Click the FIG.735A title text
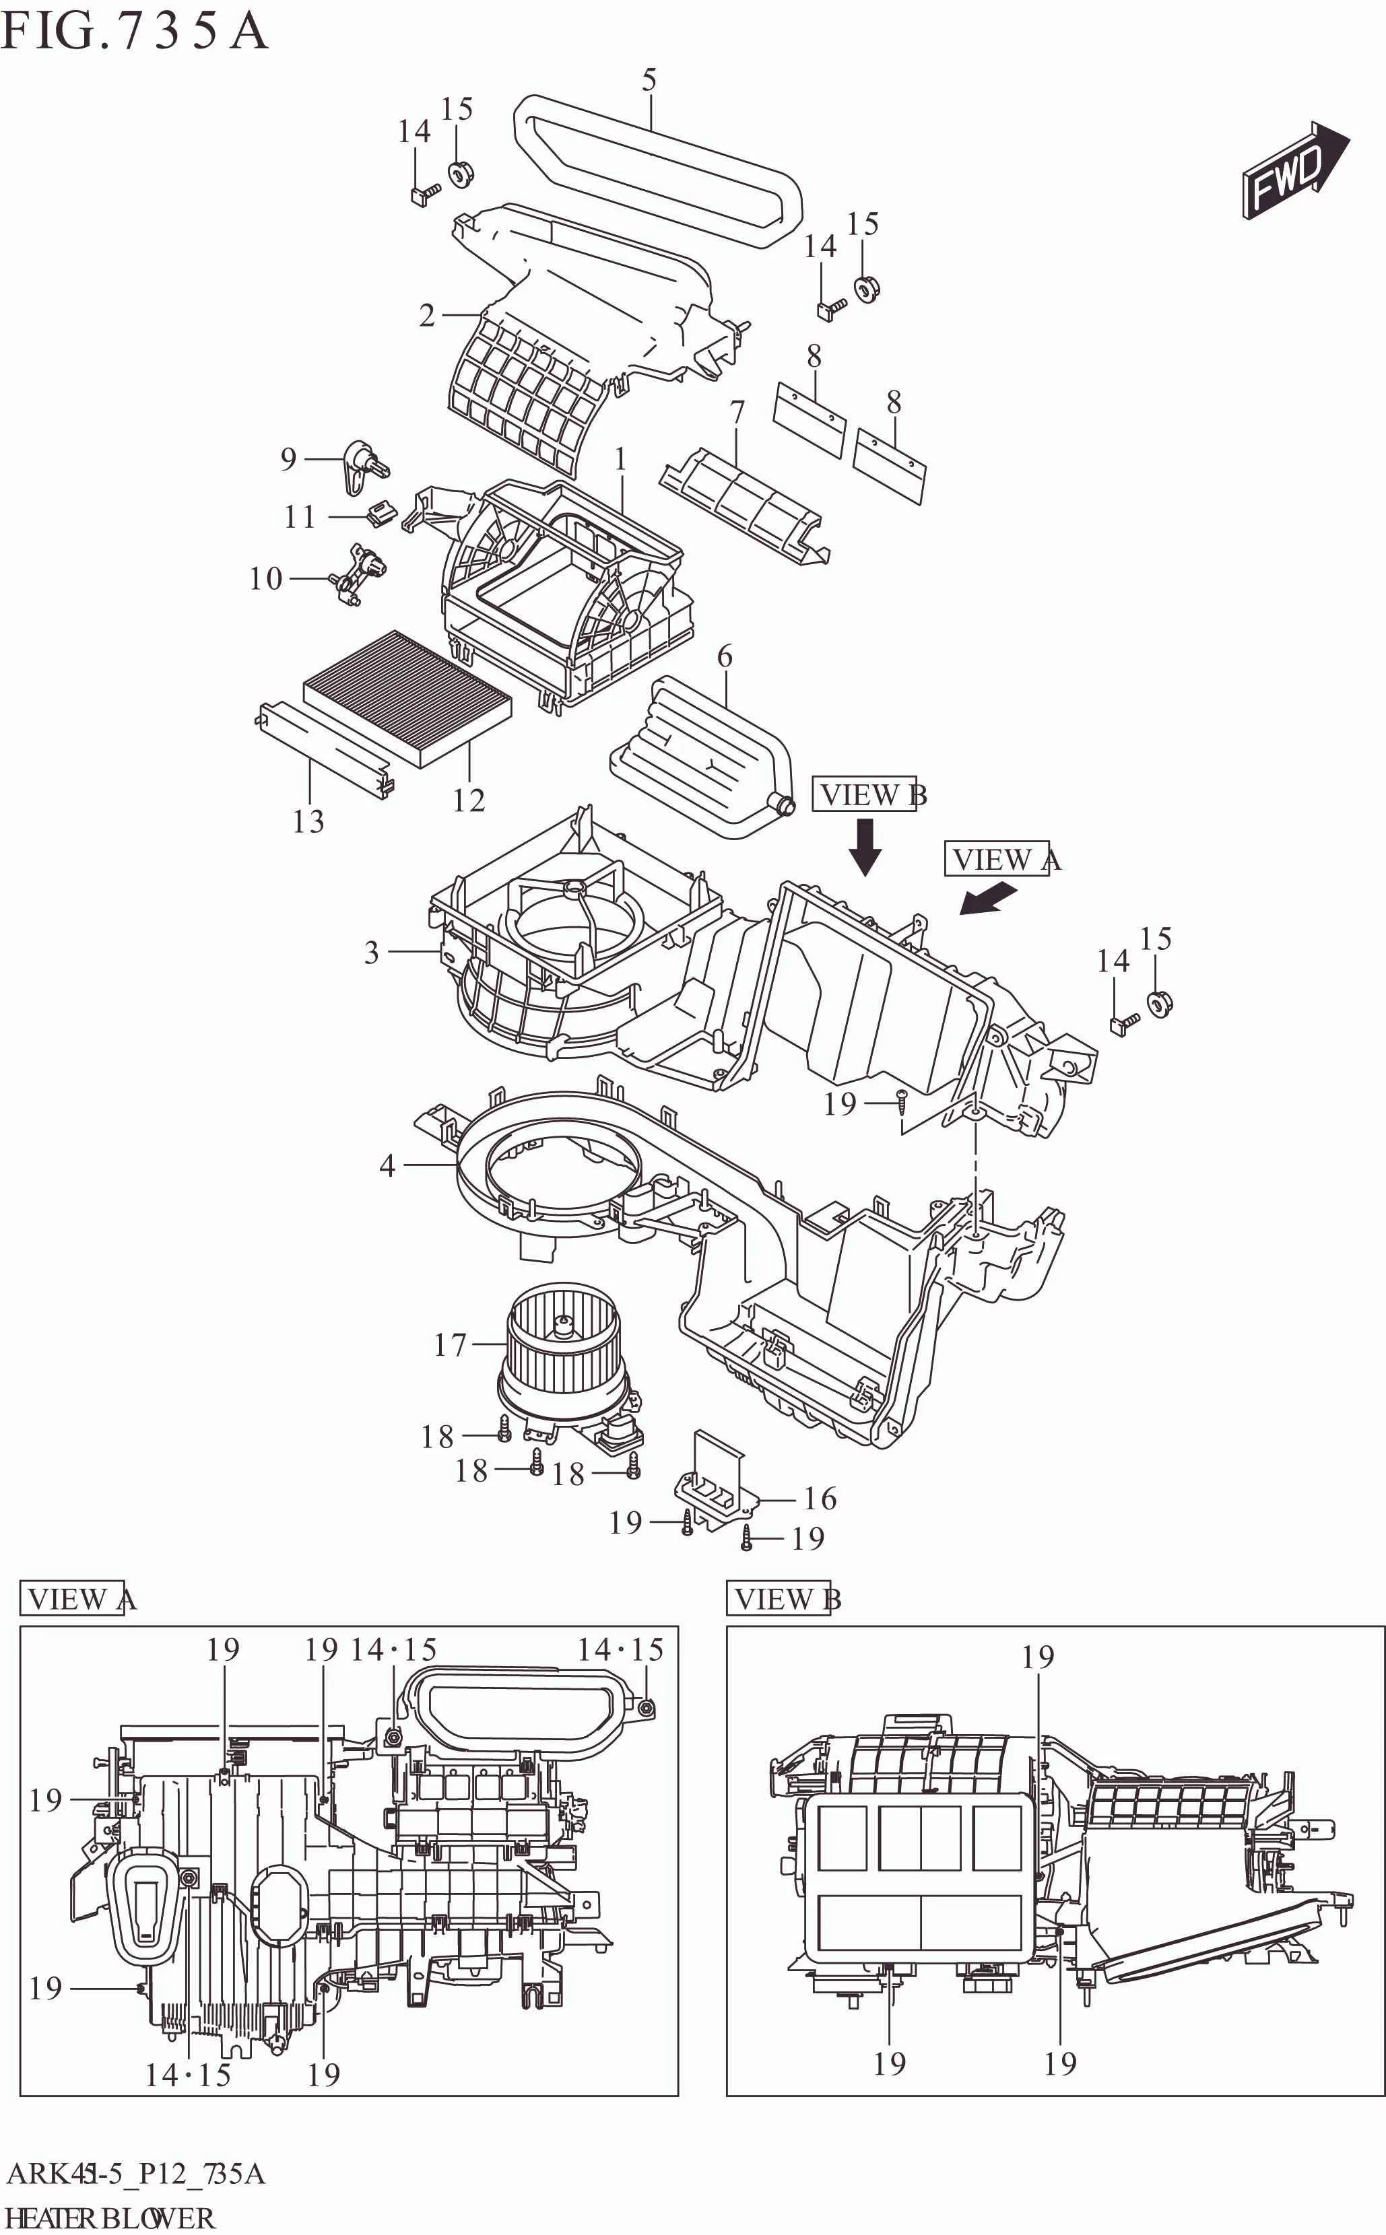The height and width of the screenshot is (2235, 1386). (x=134, y=32)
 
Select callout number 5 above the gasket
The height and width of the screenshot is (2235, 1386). (x=649, y=81)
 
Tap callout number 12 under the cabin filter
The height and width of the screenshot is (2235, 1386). (x=469, y=800)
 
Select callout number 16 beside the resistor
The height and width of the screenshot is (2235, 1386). (x=820, y=1499)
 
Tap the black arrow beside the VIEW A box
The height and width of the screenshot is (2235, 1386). (x=988, y=898)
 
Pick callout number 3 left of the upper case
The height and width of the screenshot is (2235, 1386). (x=371, y=952)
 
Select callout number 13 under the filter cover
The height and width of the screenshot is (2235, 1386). (x=308, y=821)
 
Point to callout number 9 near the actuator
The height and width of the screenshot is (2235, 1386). (x=289, y=458)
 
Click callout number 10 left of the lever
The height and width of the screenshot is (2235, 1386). (x=266, y=578)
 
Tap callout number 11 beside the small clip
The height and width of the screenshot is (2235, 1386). (x=300, y=517)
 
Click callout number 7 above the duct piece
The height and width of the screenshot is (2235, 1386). (x=737, y=413)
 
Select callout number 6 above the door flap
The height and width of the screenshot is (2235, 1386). (x=724, y=656)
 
